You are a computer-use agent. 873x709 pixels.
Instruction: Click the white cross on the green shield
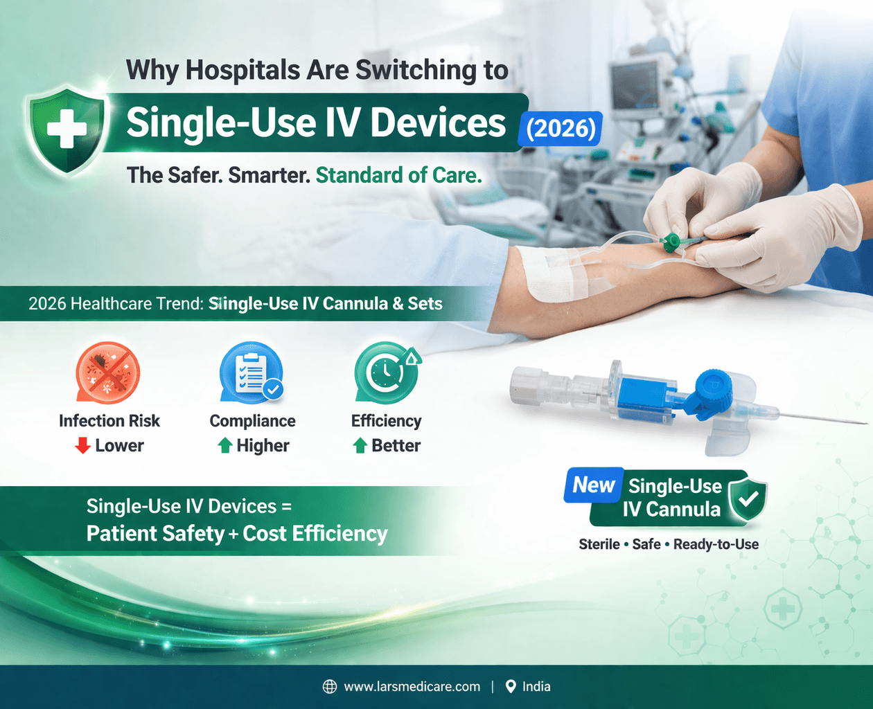[x=67, y=129]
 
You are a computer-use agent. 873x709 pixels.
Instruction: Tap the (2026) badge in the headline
[x=561, y=129]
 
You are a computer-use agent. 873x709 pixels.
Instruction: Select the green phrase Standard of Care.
[x=398, y=175]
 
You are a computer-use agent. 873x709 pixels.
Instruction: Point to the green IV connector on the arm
[x=671, y=242]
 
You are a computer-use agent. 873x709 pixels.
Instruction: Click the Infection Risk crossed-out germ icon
[x=107, y=373]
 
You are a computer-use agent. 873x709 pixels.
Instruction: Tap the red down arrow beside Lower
[x=82, y=445]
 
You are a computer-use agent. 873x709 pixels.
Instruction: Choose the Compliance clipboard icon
[x=252, y=373]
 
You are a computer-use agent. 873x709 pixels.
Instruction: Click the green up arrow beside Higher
[x=224, y=445]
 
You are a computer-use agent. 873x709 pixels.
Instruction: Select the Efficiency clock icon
[x=386, y=373]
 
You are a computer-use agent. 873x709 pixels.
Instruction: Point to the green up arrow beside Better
[x=360, y=445]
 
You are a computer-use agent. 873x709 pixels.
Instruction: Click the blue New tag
[x=594, y=485]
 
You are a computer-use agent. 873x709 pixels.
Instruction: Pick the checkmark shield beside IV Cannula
[x=748, y=497]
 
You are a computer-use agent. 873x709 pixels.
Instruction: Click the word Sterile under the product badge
[x=599, y=544]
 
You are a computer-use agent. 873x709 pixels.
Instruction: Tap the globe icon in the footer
[x=330, y=686]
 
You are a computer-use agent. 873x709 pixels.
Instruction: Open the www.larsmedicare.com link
[x=412, y=686]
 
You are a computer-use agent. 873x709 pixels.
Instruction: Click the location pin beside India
[x=511, y=686]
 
